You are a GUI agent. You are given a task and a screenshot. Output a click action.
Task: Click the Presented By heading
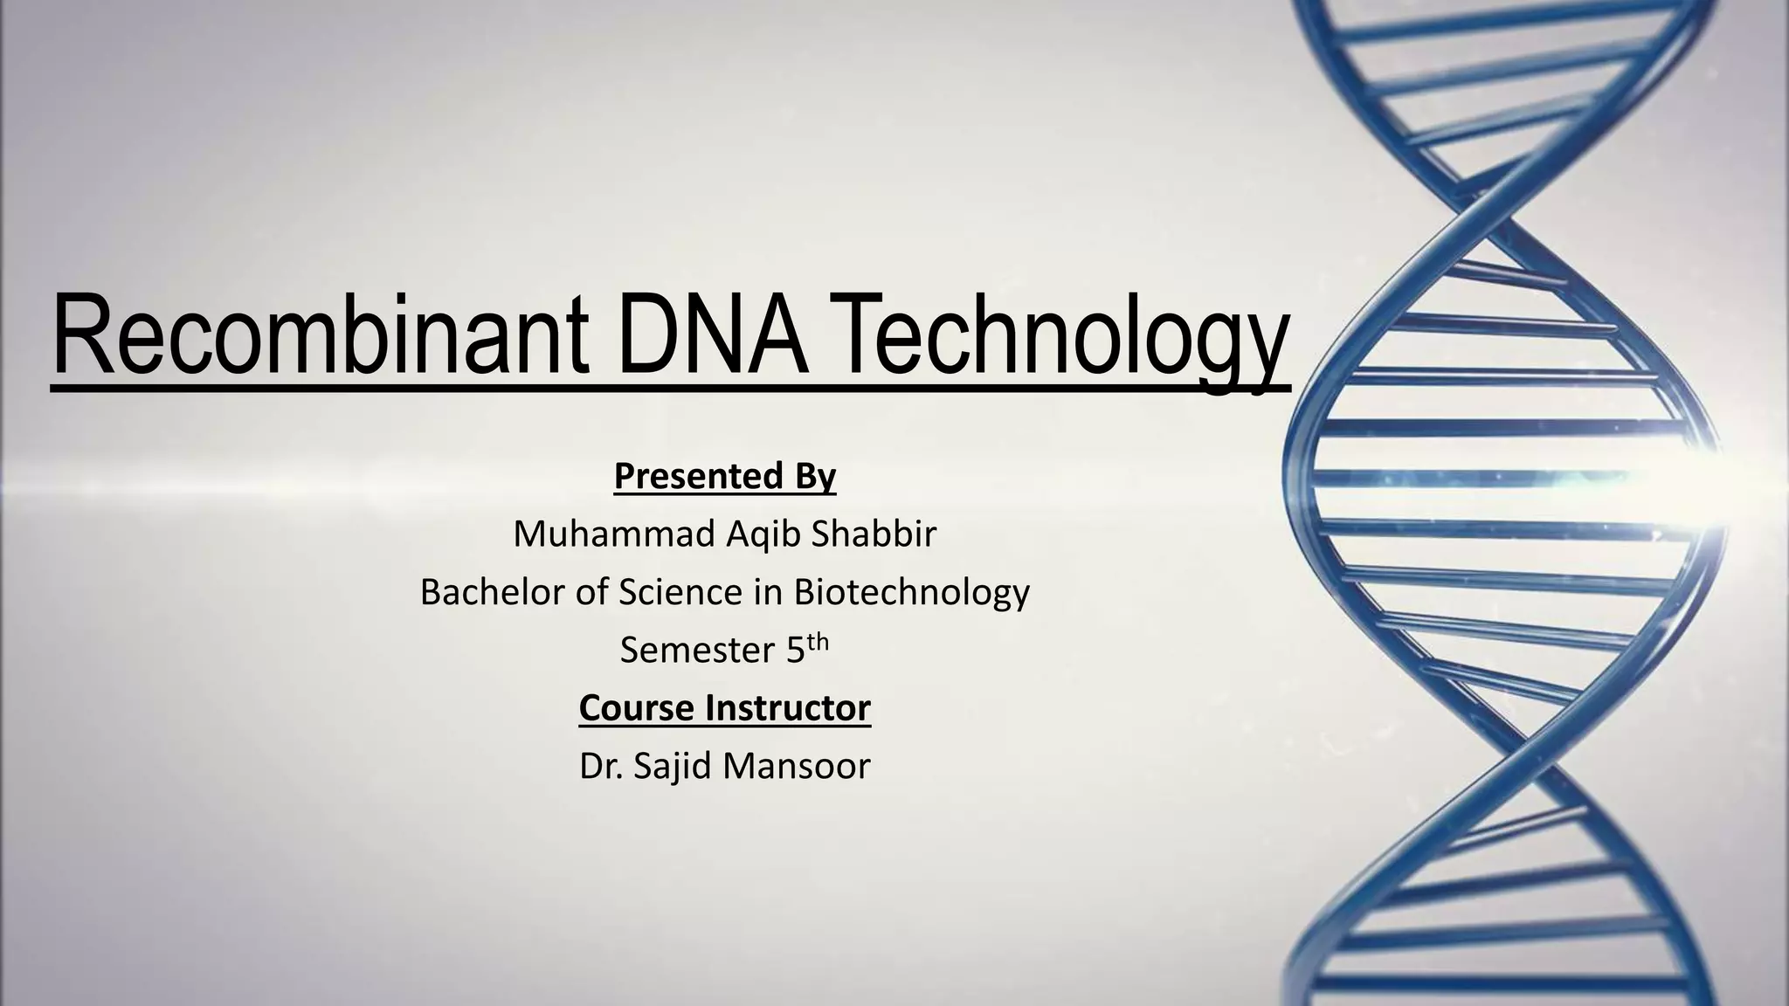coord(724,477)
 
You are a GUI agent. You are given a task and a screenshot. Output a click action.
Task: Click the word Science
coord(680,592)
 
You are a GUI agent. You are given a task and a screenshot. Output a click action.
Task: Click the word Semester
coord(697,651)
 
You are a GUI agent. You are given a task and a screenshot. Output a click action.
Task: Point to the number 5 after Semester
coord(795,651)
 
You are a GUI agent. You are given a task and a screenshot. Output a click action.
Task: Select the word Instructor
coord(790,708)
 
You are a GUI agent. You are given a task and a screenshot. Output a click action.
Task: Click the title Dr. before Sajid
coord(600,767)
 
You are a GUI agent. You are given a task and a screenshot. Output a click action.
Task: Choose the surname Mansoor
coord(797,767)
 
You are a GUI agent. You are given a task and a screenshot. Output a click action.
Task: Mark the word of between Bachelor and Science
coord(591,592)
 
